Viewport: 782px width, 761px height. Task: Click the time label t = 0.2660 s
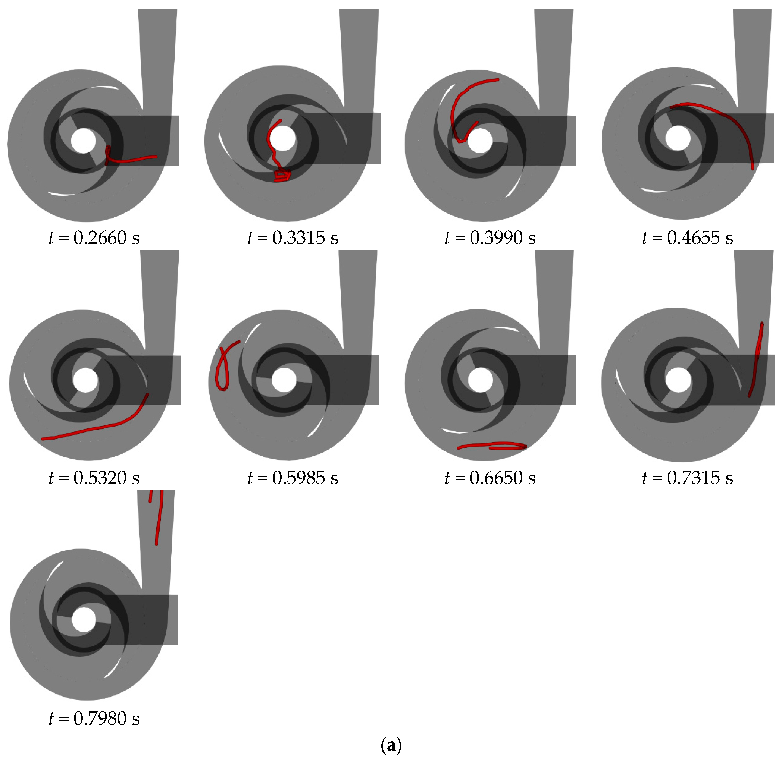pyautogui.click(x=94, y=238)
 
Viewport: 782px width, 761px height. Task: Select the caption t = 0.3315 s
pyautogui.click(x=293, y=238)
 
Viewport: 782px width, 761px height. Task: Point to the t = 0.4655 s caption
pyautogui.click(x=687, y=238)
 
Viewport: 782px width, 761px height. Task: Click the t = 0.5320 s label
pyautogui.click(x=94, y=478)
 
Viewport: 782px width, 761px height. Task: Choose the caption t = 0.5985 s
pyautogui.click(x=293, y=478)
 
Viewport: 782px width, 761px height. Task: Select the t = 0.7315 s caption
pyautogui.click(x=687, y=478)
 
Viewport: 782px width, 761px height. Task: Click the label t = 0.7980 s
pyautogui.click(x=94, y=719)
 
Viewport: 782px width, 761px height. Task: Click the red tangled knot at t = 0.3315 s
pyautogui.click(x=282, y=176)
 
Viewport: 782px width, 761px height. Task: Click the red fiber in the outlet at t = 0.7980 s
pyautogui.click(x=160, y=520)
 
